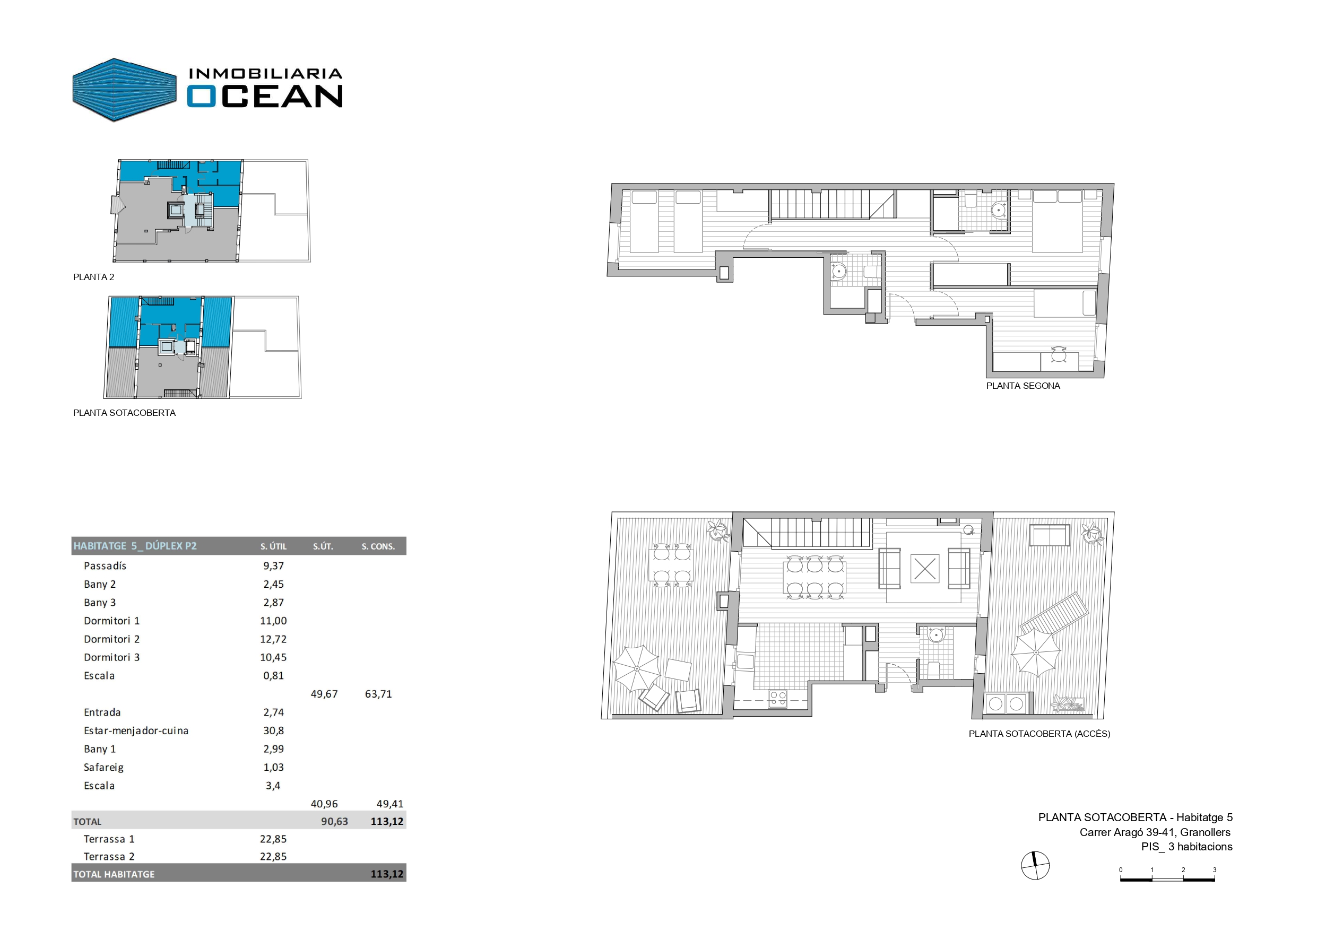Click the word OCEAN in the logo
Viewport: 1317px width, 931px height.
(x=264, y=96)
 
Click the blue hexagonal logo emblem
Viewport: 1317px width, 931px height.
(x=125, y=90)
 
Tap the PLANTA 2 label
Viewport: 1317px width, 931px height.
(x=93, y=277)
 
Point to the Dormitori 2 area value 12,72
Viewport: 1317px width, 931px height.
(x=273, y=639)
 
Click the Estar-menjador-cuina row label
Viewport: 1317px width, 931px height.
(x=136, y=731)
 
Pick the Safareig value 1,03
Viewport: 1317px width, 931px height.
(x=274, y=767)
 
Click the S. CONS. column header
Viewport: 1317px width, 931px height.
(x=378, y=547)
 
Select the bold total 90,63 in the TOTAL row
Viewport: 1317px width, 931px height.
(x=334, y=821)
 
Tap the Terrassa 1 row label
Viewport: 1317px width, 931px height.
(x=109, y=839)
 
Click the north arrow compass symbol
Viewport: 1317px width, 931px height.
(x=1035, y=866)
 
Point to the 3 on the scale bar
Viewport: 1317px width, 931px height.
(x=1214, y=870)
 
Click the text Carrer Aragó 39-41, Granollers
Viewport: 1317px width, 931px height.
(x=1155, y=832)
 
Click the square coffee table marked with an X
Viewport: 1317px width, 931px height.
(x=925, y=569)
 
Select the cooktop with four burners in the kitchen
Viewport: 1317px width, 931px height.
(x=778, y=698)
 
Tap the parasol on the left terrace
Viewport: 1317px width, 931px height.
(x=637, y=668)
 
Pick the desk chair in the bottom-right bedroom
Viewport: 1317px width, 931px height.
(x=1058, y=355)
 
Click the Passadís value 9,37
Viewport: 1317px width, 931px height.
(x=274, y=565)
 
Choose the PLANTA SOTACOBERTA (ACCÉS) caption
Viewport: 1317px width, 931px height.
(x=1039, y=734)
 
